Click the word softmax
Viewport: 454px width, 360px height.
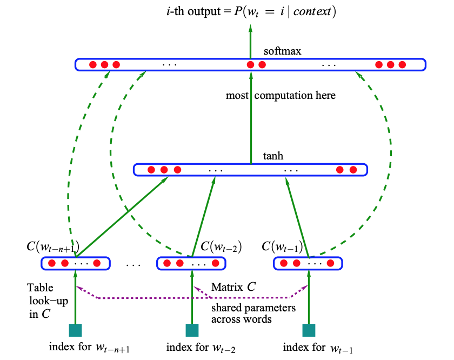click(282, 51)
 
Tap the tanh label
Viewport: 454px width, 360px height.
click(273, 156)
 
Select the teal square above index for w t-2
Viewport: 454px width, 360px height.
click(192, 330)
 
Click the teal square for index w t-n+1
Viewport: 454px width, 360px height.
click(75, 330)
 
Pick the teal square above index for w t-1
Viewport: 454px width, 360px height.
click(309, 330)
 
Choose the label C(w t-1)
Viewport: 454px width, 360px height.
click(282, 247)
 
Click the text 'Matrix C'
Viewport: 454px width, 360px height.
click(233, 287)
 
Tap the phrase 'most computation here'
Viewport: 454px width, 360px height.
click(281, 96)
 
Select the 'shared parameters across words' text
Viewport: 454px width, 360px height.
click(253, 314)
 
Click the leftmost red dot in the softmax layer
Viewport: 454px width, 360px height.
click(92, 65)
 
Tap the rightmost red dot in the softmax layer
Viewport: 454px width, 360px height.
click(402, 65)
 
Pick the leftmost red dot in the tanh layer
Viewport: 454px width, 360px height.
click(151, 170)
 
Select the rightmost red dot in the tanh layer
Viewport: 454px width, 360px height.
click(353, 170)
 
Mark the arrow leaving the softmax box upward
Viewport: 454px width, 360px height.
click(251, 41)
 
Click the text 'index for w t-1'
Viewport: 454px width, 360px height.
click(318, 347)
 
